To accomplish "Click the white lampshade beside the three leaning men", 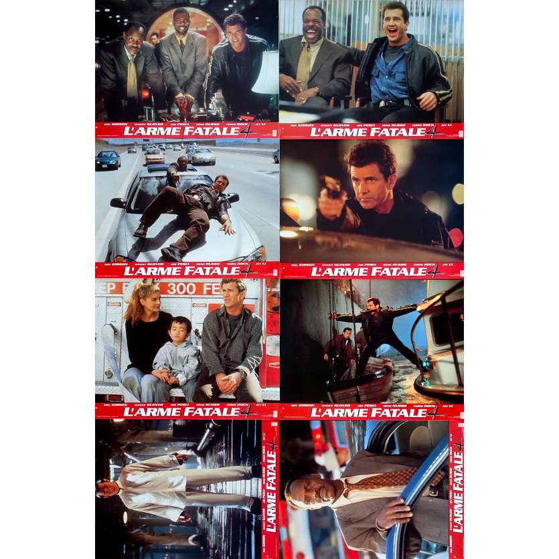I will coord(266,73).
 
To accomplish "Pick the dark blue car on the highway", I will coord(108,159).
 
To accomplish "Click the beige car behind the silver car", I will coord(155,155).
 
